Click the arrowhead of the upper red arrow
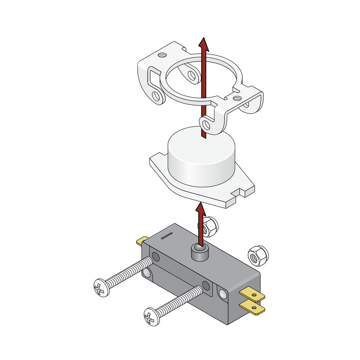tap(203, 44)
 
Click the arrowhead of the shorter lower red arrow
tap(201, 209)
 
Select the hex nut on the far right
tap(258, 255)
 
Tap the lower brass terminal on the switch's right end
tap(253, 307)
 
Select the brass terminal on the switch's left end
tap(142, 241)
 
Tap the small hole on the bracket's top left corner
tap(162, 55)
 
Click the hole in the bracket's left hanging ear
tap(156, 96)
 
